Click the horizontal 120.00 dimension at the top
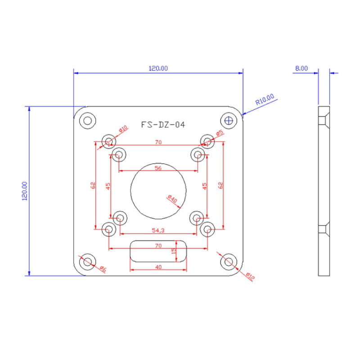coord(158,68)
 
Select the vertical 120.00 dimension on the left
coord(24,191)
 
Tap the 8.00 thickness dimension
coord(301,68)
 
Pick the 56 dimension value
coord(158,168)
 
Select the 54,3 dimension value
coord(158,230)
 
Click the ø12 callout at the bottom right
coord(250,275)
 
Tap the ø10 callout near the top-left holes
coord(123,130)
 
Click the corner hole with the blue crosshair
coord(229,120)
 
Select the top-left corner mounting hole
coord(87,120)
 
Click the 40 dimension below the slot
coord(158,267)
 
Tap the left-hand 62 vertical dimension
coord(92,185)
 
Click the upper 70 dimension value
coord(158,142)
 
